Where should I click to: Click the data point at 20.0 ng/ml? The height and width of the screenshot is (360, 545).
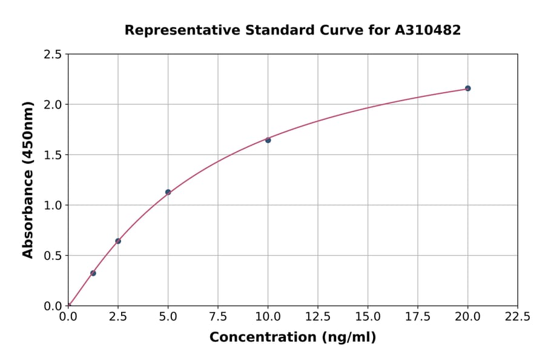point(467,88)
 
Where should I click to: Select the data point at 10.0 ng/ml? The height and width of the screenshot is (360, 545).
point(268,140)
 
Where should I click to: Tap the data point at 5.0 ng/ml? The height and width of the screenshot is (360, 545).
point(168,192)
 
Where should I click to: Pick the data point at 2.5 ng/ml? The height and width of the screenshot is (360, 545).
point(118,241)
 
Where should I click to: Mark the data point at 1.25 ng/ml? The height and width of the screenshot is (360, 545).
point(93,273)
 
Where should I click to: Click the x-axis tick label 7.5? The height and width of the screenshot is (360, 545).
point(218,317)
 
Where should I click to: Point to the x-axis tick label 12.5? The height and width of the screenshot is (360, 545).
point(318,317)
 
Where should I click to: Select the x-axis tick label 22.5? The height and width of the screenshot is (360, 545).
point(517,317)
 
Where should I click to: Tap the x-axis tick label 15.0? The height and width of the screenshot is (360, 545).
point(368,317)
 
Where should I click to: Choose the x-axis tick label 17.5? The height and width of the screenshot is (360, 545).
point(418,317)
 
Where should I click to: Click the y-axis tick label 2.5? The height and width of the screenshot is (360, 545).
point(53,55)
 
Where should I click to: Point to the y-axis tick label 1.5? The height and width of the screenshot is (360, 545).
point(53,155)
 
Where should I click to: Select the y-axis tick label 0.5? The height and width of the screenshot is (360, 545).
point(53,256)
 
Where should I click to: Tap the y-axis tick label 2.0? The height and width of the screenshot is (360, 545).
point(53,105)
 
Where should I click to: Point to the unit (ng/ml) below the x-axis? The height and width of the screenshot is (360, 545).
point(348,338)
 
